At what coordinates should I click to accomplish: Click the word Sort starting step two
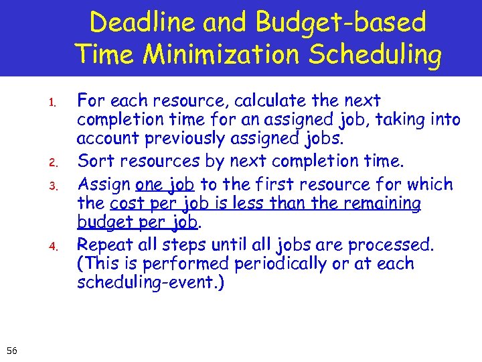pos(94,161)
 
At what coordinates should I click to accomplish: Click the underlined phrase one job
pos(165,184)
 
